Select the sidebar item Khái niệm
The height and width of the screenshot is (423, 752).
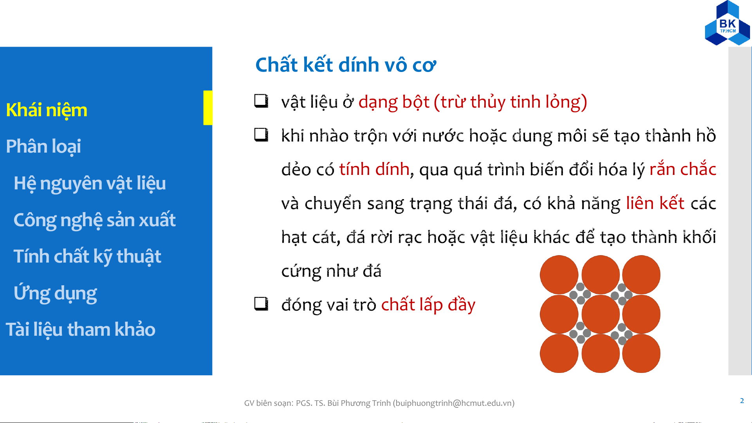pyautogui.click(x=47, y=110)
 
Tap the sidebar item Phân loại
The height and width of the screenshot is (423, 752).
pyautogui.click(x=43, y=146)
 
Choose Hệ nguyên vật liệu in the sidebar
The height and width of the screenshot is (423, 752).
pyautogui.click(x=90, y=183)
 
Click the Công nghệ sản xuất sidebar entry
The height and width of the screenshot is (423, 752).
pyautogui.click(x=94, y=220)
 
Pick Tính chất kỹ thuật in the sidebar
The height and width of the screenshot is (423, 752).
pyautogui.click(x=87, y=257)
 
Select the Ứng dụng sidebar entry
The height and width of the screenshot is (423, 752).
pyautogui.click(x=55, y=293)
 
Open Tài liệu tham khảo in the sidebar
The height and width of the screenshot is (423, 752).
pyautogui.click(x=81, y=329)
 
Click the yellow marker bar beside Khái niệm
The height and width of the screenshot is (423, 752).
pyautogui.click(x=208, y=108)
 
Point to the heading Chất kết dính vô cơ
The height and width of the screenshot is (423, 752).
pyautogui.click(x=346, y=65)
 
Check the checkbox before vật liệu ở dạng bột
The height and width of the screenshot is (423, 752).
pyautogui.click(x=261, y=101)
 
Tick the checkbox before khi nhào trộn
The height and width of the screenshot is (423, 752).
pyautogui.click(x=261, y=135)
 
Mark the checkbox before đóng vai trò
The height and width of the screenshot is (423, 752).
pyautogui.click(x=261, y=304)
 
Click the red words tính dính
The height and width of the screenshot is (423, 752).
pyautogui.click(x=374, y=169)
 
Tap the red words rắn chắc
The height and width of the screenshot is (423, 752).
pyautogui.click(x=683, y=169)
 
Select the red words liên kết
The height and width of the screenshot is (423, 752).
pyautogui.click(x=655, y=203)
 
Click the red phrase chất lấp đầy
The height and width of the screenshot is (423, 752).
pyautogui.click(x=428, y=304)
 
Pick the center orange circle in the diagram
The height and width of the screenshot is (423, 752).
pyautogui.click(x=601, y=314)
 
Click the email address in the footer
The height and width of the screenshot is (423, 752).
pyautogui.click(x=454, y=403)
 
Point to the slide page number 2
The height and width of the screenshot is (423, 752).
pyautogui.click(x=742, y=401)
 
